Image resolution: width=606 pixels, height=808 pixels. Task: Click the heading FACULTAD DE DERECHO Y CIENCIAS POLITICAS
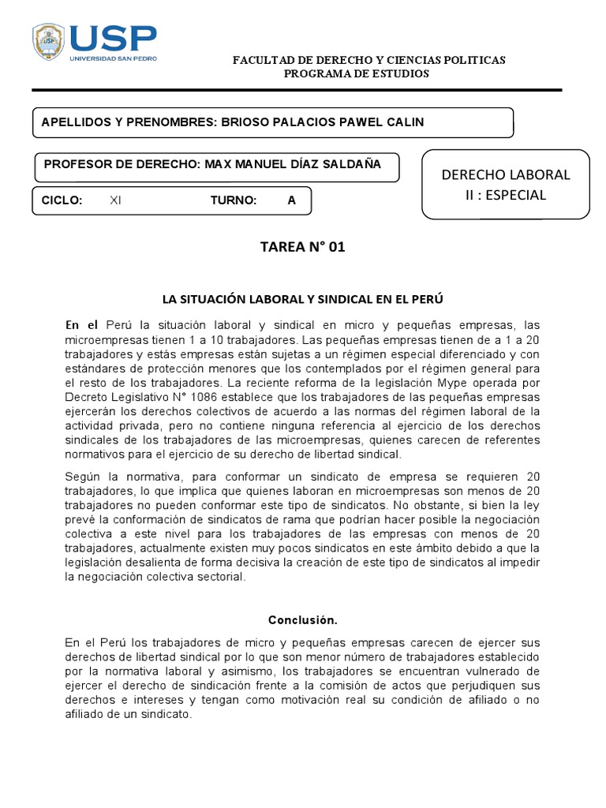[x=368, y=60]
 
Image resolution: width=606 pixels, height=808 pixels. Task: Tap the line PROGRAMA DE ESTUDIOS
[x=357, y=73]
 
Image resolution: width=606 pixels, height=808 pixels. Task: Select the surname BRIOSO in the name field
[x=246, y=122]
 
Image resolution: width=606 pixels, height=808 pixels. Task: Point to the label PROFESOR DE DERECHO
[x=122, y=164]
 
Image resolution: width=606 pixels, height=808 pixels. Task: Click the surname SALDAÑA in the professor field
[x=352, y=164]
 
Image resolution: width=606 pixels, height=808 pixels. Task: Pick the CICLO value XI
[x=115, y=200]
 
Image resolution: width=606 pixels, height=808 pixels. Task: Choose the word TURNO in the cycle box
[x=234, y=200]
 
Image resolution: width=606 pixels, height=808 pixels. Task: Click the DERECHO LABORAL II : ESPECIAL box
[x=506, y=184]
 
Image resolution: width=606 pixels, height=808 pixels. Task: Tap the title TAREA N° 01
[x=303, y=248]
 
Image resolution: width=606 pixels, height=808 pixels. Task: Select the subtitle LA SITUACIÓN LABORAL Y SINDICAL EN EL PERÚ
[x=303, y=300]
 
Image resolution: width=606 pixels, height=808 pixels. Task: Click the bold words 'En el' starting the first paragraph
[x=81, y=325]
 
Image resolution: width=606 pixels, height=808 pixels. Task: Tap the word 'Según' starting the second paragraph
[x=80, y=476]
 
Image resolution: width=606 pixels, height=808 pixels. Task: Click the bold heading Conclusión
[x=302, y=619]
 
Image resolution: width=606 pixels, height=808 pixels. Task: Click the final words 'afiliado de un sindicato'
[x=129, y=713]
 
